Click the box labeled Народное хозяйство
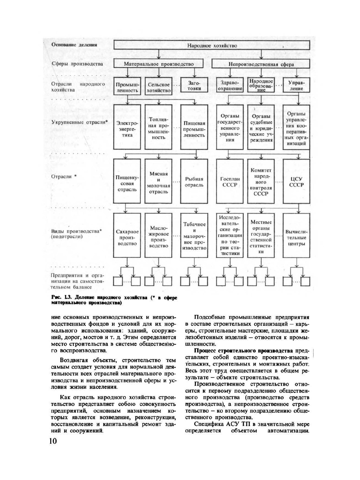(x=212, y=45)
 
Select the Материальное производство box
(x=159, y=64)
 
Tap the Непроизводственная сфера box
(x=261, y=64)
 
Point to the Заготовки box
(x=194, y=85)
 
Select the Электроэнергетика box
(x=127, y=127)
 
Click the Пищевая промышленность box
(x=194, y=127)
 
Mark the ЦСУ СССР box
(x=297, y=181)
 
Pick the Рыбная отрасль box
(x=194, y=181)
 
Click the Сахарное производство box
(x=127, y=235)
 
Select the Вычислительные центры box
(x=297, y=235)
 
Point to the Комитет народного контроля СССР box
(x=261, y=181)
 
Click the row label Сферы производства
(x=77, y=64)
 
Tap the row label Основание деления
(x=74, y=45)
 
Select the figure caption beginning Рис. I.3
(x=114, y=300)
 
